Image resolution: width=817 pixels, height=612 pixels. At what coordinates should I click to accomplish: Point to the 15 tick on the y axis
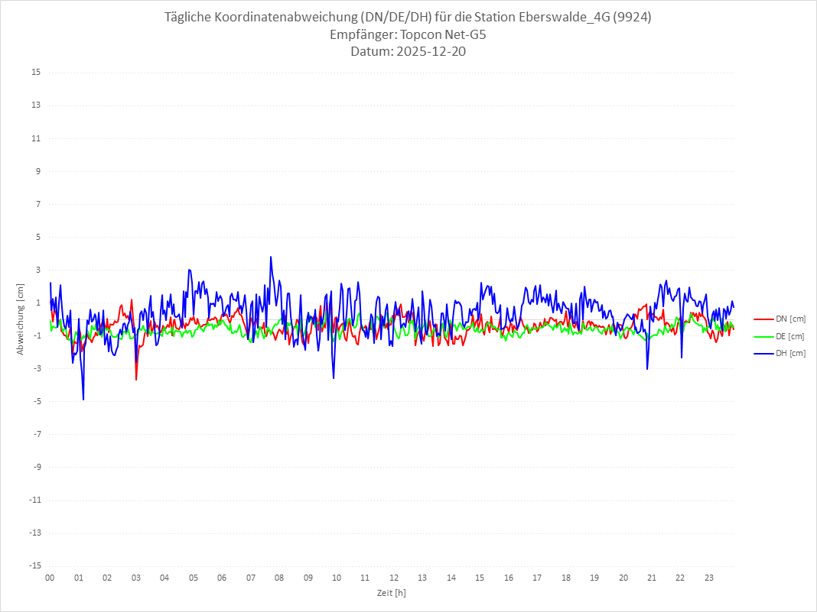[36, 73]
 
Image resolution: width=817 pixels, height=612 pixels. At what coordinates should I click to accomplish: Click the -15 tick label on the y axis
[34, 565]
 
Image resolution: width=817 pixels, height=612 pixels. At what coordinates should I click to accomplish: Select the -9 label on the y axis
[36, 467]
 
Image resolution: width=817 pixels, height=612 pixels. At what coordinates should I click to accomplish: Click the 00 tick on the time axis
[50, 578]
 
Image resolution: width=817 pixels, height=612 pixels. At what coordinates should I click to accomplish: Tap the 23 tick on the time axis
[709, 578]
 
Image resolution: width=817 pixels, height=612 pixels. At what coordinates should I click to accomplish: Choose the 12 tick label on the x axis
[394, 578]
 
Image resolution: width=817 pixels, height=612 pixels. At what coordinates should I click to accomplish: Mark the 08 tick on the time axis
[279, 578]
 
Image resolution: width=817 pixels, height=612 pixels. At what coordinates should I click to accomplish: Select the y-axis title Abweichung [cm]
[21, 319]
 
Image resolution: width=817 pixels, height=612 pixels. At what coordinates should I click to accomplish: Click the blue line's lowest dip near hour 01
[83, 399]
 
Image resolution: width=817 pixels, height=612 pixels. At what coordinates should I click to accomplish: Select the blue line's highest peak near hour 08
[271, 257]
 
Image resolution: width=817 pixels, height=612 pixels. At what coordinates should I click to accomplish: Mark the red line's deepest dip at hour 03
[136, 379]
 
